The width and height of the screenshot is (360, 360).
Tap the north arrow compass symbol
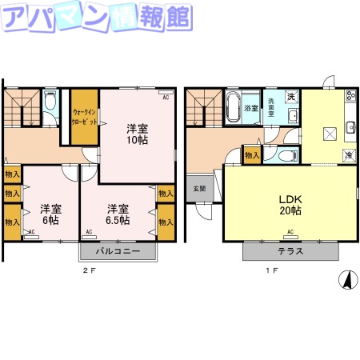pyautogui.click(x=348, y=281)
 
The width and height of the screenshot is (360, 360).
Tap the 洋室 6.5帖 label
pyautogui.click(x=118, y=214)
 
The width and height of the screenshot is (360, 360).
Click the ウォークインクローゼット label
pyautogui.click(x=85, y=118)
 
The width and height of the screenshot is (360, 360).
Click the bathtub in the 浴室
pyautogui.click(x=234, y=108)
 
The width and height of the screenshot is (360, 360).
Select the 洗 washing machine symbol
pyautogui.click(x=292, y=97)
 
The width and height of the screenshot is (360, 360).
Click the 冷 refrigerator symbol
pyautogui.click(x=350, y=154)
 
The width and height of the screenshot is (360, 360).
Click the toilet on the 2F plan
pyautogui.click(x=50, y=102)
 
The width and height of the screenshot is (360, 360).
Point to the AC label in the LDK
pyautogui.click(x=289, y=233)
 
